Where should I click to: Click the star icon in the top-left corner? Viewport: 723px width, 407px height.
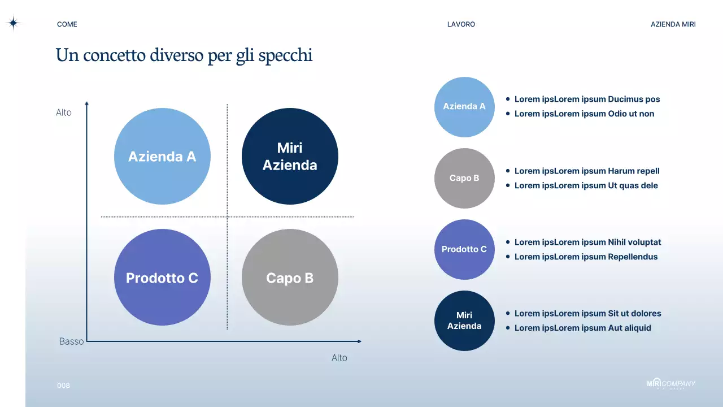(13, 23)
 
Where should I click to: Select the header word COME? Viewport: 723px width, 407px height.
(67, 24)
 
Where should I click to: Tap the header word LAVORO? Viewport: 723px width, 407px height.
(461, 24)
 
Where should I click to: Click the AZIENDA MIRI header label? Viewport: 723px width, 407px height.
(673, 24)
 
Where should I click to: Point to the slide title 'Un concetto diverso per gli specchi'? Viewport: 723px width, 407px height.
(184, 55)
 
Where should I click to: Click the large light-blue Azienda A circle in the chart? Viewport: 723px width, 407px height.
(162, 157)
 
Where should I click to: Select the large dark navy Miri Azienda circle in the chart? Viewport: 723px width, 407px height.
(290, 157)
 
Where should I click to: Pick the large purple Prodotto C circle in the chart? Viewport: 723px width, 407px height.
(162, 278)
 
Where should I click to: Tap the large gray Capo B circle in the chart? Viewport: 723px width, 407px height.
(290, 278)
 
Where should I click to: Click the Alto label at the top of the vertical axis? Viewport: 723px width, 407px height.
(64, 112)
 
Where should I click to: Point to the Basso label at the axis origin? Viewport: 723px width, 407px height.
(71, 341)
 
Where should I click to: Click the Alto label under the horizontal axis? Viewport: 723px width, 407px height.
(339, 358)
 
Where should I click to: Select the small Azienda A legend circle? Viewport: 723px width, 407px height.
(464, 107)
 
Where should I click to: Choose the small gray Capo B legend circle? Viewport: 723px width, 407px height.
(464, 178)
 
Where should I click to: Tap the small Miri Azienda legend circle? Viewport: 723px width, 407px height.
(464, 321)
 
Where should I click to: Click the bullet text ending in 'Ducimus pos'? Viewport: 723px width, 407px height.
(587, 99)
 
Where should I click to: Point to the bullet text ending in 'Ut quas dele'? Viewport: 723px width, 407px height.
(586, 185)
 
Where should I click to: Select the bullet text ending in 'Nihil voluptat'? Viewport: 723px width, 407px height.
(587, 242)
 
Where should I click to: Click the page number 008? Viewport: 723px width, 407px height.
(63, 386)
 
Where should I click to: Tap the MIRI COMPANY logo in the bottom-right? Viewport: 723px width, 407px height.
(671, 384)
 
